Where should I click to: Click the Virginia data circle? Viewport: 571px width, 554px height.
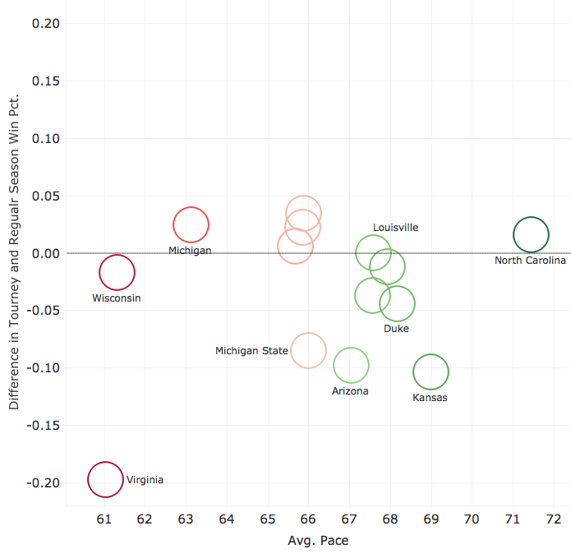105,480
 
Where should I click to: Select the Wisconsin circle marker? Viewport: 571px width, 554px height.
117,273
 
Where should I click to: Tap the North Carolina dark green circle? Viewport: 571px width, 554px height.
531,234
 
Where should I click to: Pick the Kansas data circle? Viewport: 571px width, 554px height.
431,372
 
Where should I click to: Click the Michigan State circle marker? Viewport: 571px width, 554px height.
308,351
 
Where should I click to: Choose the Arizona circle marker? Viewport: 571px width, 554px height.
351,366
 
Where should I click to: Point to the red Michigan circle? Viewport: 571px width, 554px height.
191,225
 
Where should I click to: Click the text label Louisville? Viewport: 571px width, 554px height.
396,228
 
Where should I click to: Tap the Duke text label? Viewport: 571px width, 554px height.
396,329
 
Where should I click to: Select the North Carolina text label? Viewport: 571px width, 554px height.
530,261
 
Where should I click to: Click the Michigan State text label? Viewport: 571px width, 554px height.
251,351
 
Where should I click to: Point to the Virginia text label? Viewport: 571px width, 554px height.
145,480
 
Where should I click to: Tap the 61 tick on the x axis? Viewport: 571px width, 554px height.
104,519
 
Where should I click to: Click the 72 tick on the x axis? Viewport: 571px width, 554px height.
553,519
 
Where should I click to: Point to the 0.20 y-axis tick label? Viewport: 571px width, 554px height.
45,24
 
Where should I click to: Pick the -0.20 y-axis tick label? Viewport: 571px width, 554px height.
44,482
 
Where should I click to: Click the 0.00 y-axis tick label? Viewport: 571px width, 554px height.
45,253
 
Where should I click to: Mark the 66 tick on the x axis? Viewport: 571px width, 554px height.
308,519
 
